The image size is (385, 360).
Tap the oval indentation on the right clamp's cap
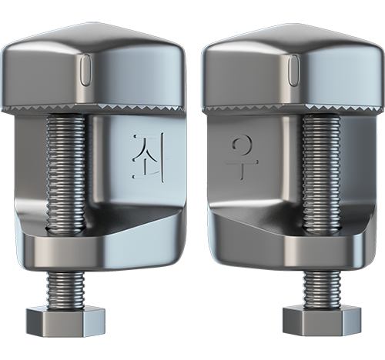[x=293, y=70]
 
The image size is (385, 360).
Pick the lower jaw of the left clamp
[x=100, y=246]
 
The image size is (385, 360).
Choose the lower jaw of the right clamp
[x=285, y=246]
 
